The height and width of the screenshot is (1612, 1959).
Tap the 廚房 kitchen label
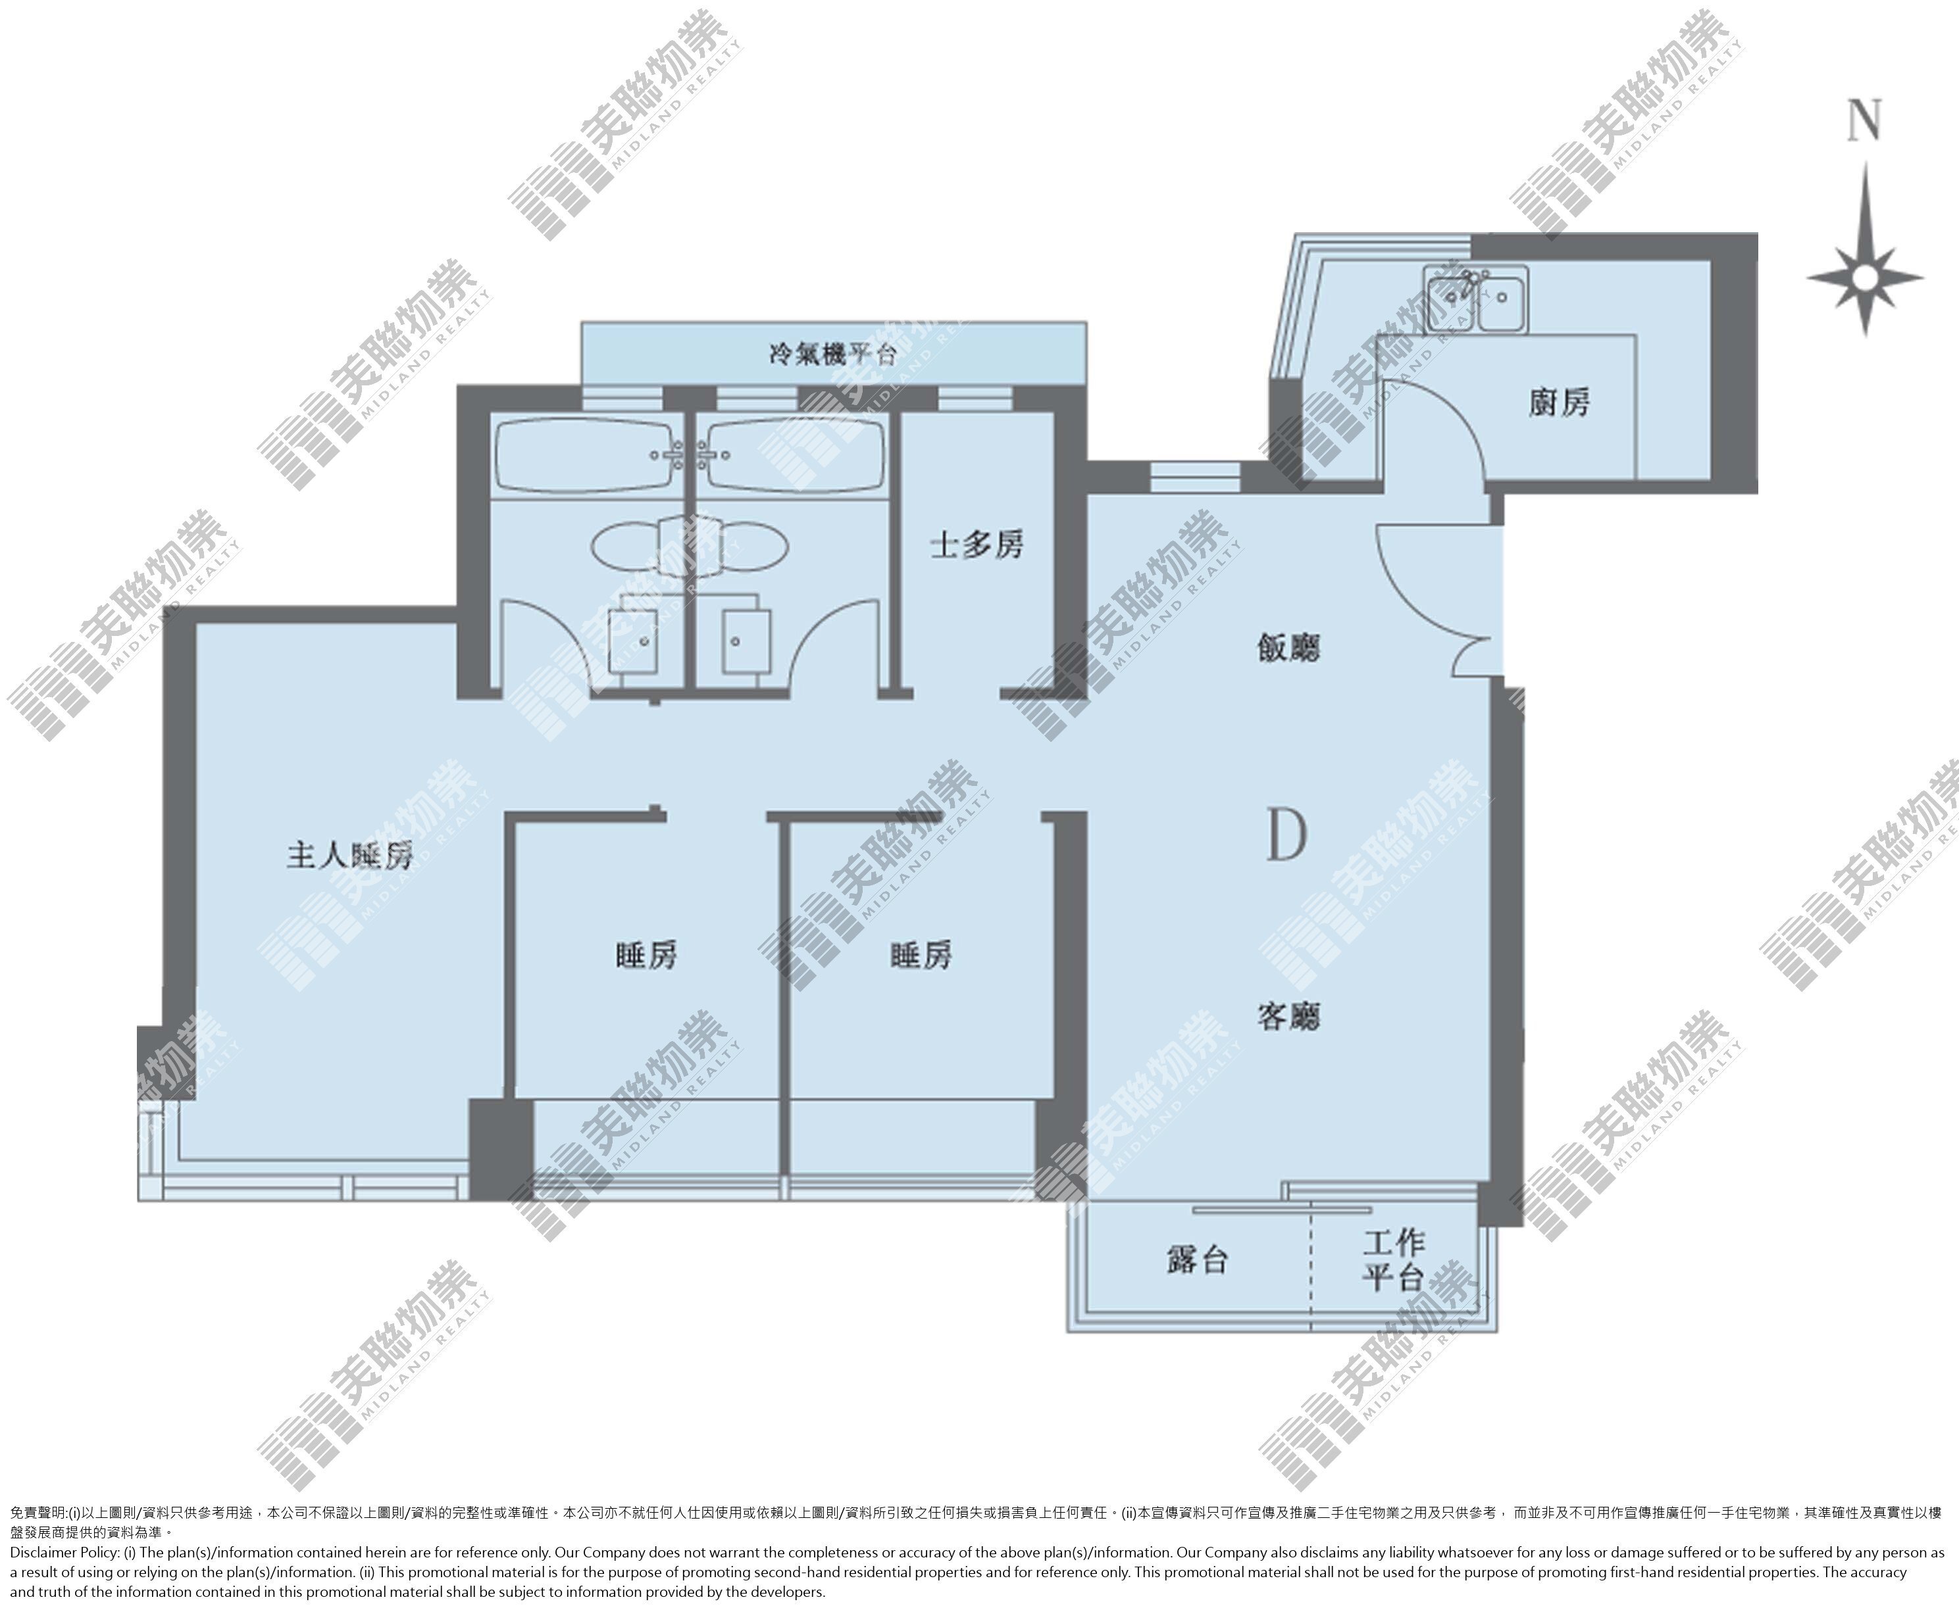1559,401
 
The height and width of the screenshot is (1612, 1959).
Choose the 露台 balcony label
1198,1260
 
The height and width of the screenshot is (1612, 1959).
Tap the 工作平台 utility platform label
1393,1260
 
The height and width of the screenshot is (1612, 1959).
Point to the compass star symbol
1864,277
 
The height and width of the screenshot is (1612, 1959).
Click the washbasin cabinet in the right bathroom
745,640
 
